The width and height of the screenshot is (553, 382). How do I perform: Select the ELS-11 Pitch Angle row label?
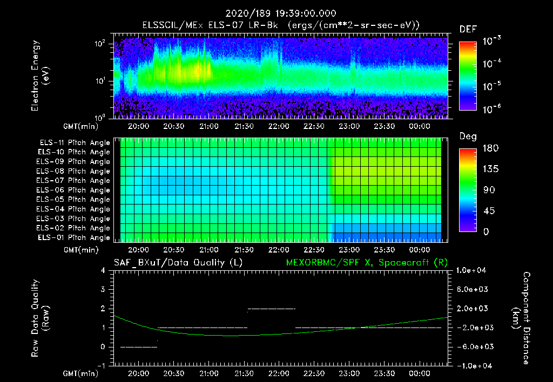pos(74,142)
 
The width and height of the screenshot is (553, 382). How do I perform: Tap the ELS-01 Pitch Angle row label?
pos(74,237)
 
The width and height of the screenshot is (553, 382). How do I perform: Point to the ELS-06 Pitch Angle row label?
pos(74,190)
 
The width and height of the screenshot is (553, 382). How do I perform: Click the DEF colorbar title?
pos(468,29)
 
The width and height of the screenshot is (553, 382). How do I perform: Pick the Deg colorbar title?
pos(468,137)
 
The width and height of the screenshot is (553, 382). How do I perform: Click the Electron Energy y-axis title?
pos(40,76)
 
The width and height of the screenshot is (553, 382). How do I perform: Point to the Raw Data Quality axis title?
pos(40,318)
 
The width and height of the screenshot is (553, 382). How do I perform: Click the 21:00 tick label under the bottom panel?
pos(209,373)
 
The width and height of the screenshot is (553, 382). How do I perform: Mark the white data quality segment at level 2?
pos(271,309)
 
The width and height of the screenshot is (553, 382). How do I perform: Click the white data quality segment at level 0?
pos(139,347)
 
